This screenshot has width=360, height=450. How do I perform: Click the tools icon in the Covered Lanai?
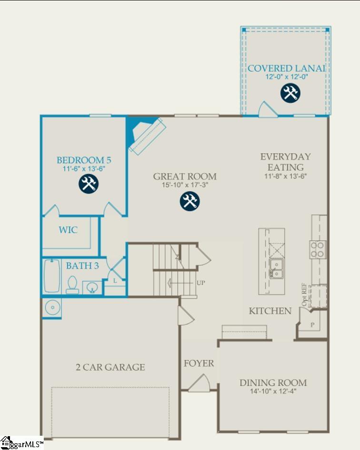point(290,93)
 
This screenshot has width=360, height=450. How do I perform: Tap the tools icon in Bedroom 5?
point(89,183)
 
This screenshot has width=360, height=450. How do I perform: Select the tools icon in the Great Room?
point(190,201)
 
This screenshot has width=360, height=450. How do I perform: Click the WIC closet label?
point(68,230)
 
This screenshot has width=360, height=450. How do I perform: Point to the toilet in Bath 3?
point(72,284)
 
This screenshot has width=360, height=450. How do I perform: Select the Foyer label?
point(199,363)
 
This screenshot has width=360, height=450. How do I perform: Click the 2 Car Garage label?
point(110,367)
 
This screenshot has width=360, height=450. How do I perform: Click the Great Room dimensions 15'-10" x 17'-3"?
point(185,185)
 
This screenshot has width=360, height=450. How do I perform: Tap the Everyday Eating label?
point(286,162)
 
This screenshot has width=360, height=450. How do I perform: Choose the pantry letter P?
point(313,325)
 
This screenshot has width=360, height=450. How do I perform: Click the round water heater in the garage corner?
point(51,308)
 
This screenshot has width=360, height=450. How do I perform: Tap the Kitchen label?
point(270,311)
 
